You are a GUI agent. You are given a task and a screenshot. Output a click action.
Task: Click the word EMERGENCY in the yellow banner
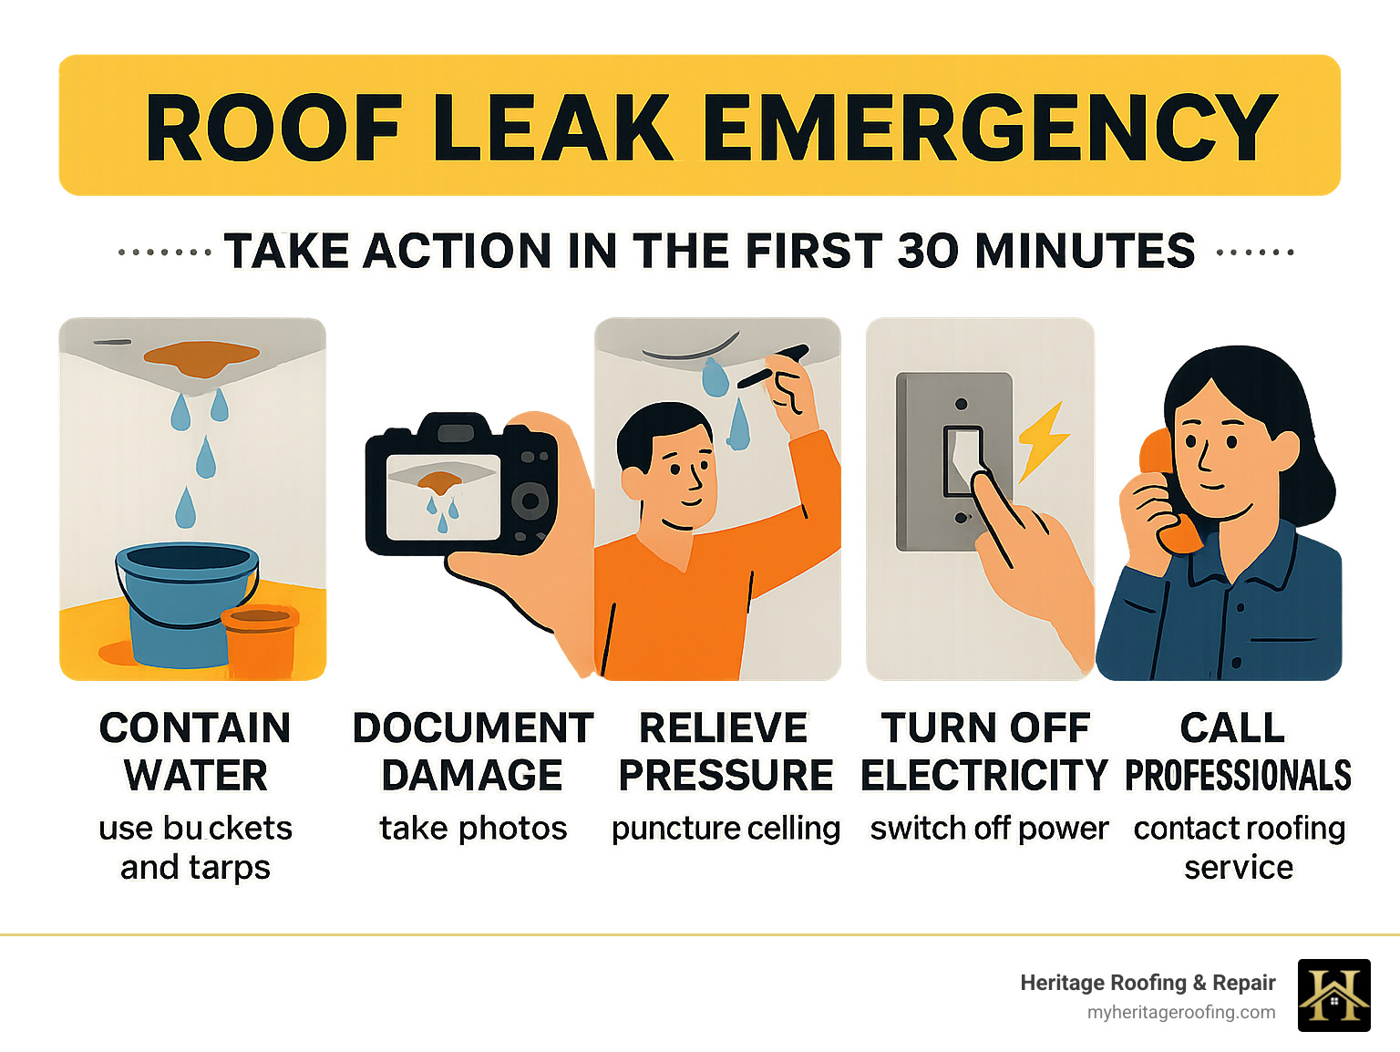pos(991,127)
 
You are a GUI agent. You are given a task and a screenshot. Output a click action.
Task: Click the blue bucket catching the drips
pos(186,603)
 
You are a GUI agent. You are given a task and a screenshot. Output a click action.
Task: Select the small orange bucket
pos(260,641)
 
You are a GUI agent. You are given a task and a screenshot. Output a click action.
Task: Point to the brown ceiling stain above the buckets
pos(201,358)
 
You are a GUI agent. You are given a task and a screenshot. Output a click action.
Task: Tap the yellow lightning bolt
pos(1042,441)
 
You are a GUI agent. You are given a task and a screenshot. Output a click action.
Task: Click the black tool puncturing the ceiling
pos(773,366)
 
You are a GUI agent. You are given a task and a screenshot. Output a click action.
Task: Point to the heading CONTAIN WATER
pos(195,751)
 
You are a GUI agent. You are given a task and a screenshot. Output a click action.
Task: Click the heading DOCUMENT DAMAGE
pos(473,751)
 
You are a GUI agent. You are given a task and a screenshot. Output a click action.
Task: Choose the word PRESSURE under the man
pos(726,775)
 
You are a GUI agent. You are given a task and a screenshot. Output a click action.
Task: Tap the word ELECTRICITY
pos(984,775)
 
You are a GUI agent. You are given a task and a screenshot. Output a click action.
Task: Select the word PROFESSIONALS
pos(1238,775)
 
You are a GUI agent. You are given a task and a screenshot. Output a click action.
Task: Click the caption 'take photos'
pos(473,829)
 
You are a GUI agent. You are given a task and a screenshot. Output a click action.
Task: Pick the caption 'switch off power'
pos(989,828)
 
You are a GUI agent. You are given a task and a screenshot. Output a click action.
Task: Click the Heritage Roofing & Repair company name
pos(1148,983)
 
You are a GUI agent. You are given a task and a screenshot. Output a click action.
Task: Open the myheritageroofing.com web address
pos(1181,1013)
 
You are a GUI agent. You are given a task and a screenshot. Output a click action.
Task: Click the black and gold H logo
pos(1333,995)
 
